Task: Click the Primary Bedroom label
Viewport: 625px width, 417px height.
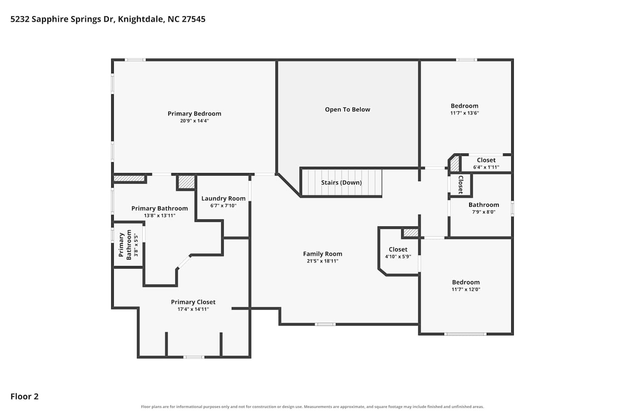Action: [194, 114]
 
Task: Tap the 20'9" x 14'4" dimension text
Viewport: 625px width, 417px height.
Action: [194, 121]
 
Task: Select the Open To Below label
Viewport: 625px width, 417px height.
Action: [347, 110]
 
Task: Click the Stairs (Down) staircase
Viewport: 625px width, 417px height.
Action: [342, 182]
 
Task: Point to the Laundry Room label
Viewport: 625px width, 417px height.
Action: [223, 198]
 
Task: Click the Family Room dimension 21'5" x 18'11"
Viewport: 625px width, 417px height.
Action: [322, 261]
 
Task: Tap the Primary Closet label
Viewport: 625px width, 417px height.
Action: [193, 302]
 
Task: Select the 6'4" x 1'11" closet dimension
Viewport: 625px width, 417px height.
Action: [486, 167]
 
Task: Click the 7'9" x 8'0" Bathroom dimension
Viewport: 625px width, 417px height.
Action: [483, 212]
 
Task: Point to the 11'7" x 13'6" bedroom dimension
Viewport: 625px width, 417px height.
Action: [464, 113]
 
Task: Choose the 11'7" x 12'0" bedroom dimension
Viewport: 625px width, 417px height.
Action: [466, 289]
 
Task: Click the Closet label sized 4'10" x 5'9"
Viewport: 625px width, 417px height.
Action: [398, 249]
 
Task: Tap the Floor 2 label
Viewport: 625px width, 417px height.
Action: [25, 396]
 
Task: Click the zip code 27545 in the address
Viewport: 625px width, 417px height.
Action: [193, 19]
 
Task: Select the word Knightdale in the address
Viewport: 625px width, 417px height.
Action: [140, 19]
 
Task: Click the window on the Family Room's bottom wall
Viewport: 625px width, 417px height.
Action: [325, 324]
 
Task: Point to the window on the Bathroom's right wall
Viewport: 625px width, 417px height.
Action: [512, 208]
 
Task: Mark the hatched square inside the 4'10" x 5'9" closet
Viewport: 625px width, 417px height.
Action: [411, 233]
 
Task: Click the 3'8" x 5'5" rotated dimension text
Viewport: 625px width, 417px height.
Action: [136, 245]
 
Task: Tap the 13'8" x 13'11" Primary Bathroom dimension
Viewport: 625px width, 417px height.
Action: [160, 215]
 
